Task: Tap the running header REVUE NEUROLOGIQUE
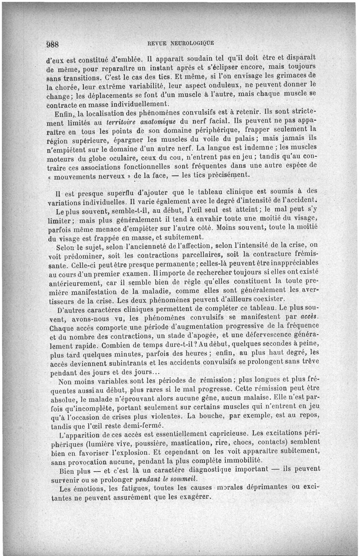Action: tap(180, 43)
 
